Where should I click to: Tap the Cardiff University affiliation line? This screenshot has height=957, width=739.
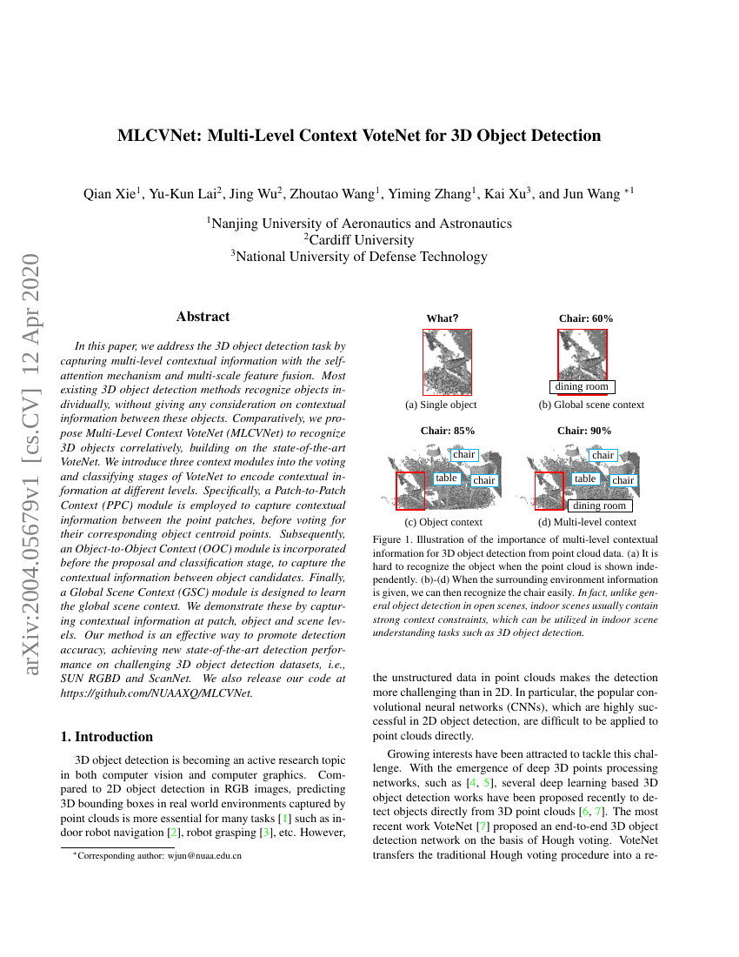[x=358, y=239]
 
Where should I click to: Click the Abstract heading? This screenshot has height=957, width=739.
[x=203, y=317]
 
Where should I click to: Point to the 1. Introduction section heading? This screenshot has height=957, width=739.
[x=107, y=736]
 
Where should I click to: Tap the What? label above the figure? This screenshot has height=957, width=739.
[x=442, y=318]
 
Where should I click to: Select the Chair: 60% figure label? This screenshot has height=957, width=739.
[x=585, y=318]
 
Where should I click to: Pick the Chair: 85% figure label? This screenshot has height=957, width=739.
[x=448, y=431]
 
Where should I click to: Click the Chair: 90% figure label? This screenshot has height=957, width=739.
[x=584, y=431]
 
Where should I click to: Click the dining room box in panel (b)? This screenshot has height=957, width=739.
[x=583, y=387]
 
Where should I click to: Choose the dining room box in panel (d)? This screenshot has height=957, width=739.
[x=599, y=505]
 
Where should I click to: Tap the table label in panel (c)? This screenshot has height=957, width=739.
[x=447, y=478]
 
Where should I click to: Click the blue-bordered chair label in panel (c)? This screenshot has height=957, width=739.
[x=464, y=455]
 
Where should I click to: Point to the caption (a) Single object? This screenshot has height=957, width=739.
[x=441, y=405]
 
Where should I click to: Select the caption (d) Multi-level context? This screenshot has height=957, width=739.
[x=587, y=522]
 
